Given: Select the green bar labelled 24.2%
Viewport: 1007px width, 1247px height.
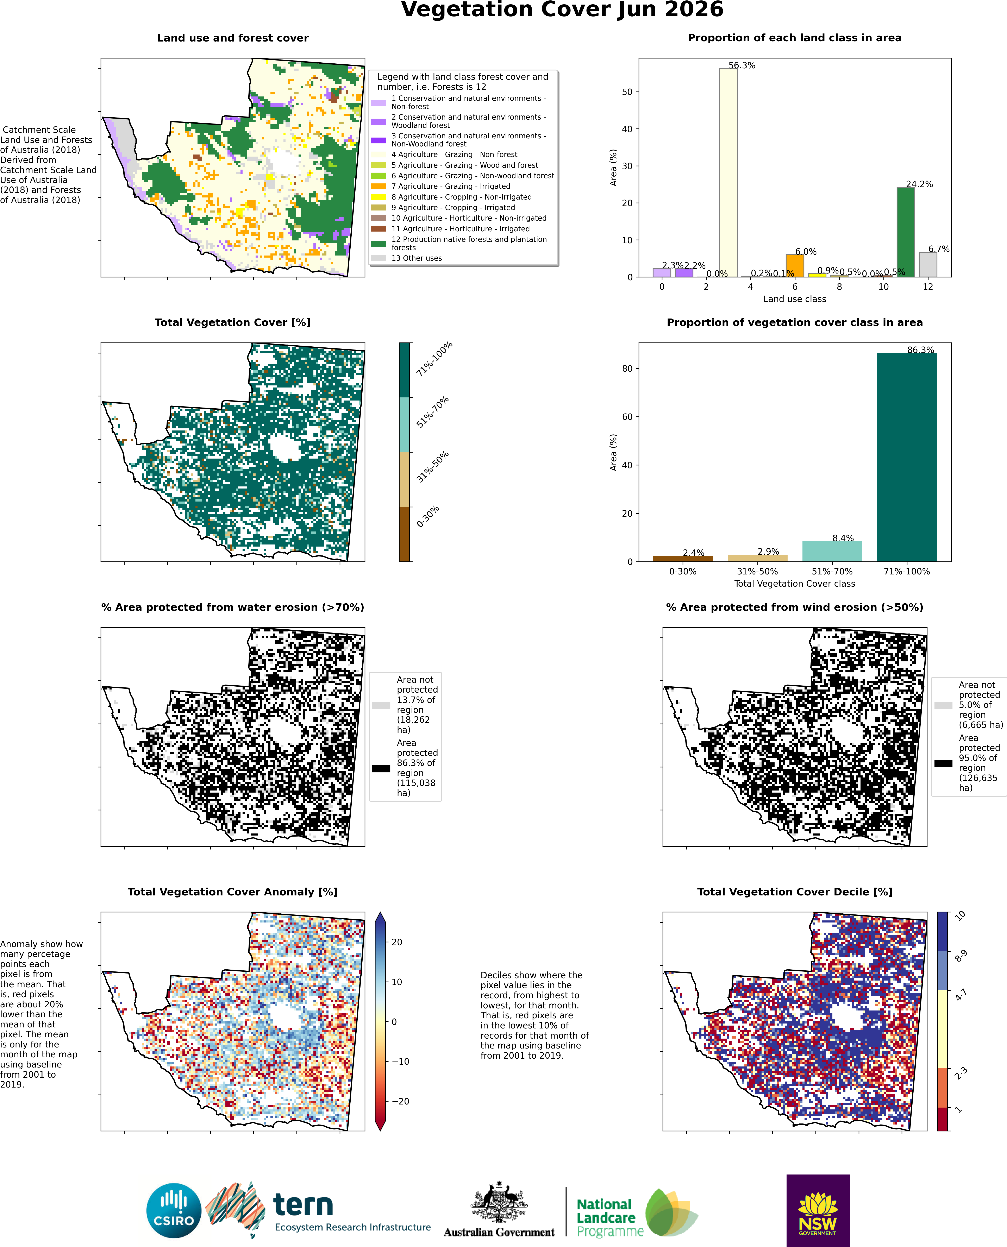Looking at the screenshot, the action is [906, 232].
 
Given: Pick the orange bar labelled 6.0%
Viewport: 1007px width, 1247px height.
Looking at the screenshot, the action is [795, 266].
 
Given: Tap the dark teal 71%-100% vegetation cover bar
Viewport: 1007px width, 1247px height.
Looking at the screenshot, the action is [907, 457].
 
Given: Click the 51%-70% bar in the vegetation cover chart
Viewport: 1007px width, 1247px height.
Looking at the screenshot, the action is [832, 552].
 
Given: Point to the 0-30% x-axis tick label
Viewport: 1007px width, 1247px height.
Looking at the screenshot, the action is [683, 571].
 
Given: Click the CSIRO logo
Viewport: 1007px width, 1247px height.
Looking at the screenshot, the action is [174, 1211].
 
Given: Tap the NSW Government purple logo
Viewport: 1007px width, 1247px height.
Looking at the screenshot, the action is [818, 1210].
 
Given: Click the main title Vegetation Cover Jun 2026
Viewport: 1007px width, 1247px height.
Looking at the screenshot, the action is [562, 10].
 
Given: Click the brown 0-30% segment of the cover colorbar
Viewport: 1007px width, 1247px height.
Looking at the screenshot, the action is [404, 534].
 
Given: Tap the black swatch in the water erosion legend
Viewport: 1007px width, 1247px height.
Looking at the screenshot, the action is [381, 768].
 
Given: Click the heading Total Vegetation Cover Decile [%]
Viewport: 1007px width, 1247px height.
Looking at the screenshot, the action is [795, 892].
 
